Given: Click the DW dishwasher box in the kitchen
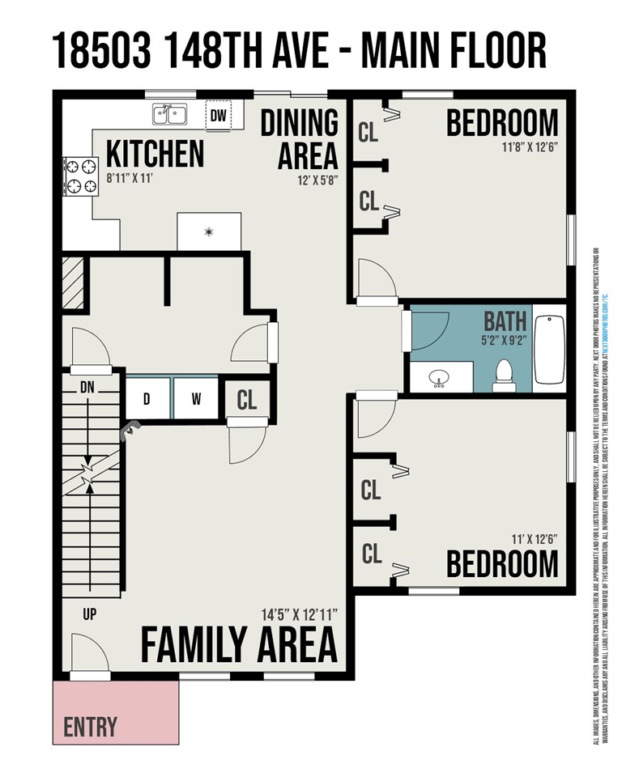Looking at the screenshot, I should [218, 116].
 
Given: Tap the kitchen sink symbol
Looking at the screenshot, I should [170, 114].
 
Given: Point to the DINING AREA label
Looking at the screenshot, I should [299, 138].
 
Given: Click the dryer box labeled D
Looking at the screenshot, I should [147, 398].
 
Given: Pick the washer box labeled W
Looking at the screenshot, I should [196, 398].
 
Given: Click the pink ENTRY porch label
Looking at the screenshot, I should [90, 726].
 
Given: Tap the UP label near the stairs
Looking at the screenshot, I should [89, 614].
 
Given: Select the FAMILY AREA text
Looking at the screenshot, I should [239, 645].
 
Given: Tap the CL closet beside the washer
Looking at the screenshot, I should [247, 399].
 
